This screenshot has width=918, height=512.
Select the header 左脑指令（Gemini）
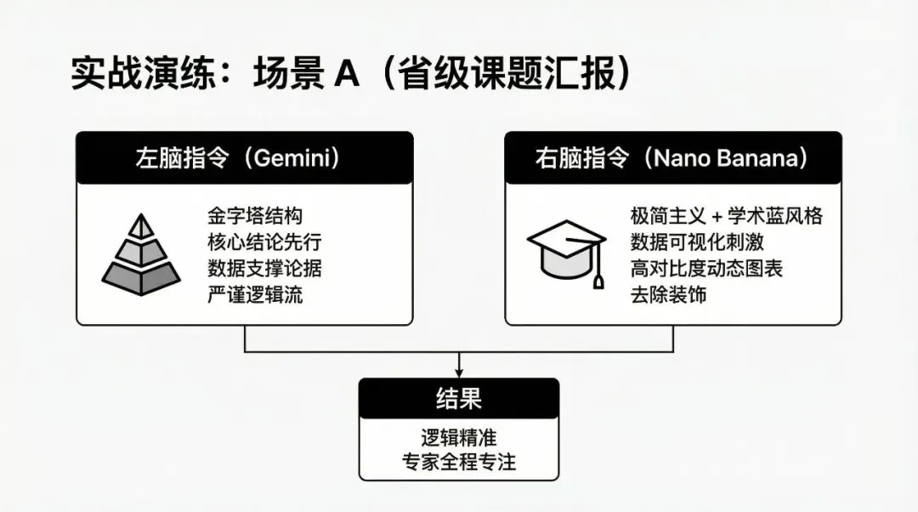(x=245, y=158)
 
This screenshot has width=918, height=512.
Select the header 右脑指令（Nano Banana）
(x=672, y=158)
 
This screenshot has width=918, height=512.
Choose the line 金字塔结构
(x=255, y=215)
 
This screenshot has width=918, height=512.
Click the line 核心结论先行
(x=264, y=242)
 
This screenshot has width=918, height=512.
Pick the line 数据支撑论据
(x=264, y=268)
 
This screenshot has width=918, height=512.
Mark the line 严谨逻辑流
(x=255, y=295)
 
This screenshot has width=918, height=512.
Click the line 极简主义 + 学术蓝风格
(x=726, y=215)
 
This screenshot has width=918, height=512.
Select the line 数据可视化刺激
(x=697, y=242)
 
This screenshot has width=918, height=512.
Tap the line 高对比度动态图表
(x=706, y=268)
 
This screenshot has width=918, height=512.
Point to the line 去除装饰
(x=668, y=295)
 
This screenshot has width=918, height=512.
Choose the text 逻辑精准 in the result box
(x=459, y=437)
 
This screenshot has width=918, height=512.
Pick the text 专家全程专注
(x=459, y=462)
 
